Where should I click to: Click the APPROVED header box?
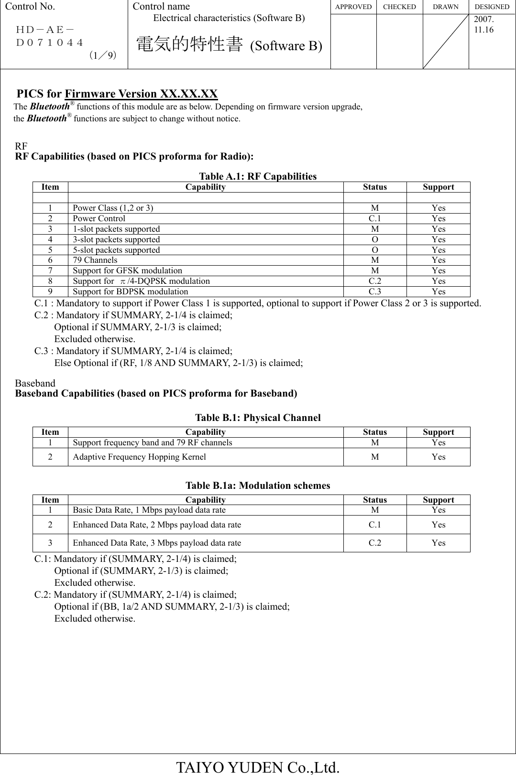click(353, 7)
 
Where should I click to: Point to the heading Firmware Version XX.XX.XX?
click(141, 94)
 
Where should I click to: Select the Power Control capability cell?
click(99, 218)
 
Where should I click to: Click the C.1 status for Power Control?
click(374, 218)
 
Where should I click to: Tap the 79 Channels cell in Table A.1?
click(95, 260)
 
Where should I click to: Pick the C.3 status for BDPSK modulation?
click(374, 291)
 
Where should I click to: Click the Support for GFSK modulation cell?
click(127, 270)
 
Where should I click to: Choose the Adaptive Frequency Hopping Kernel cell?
click(139, 457)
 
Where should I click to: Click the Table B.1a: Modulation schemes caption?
click(258, 486)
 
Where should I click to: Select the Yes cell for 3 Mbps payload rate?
click(438, 543)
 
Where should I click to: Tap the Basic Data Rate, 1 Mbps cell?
click(149, 510)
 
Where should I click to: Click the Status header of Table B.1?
click(374, 432)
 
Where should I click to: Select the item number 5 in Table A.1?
click(50, 250)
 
